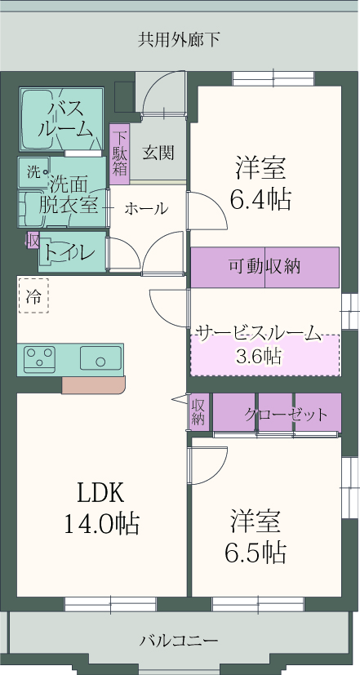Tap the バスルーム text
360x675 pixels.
coord(65,119)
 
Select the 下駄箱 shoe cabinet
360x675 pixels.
coord(120,153)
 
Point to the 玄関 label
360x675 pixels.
coord(158,152)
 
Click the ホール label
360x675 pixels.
coord(146,209)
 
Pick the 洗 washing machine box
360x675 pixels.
coord(33,172)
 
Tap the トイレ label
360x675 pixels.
coord(69,252)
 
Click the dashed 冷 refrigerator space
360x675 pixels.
coord(33,295)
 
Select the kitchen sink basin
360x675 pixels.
coord(100,357)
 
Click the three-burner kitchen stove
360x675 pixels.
coord(39,359)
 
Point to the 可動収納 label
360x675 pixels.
coord(264,267)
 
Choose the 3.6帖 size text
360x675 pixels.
coord(260,356)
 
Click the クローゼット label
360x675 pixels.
coord(286,415)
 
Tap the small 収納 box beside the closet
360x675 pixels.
coord(198,411)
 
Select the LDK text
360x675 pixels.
coord(100,493)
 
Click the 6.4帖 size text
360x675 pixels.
coord(260,199)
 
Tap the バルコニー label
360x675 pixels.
coord(179,642)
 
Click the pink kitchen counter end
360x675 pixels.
coord(93,385)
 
